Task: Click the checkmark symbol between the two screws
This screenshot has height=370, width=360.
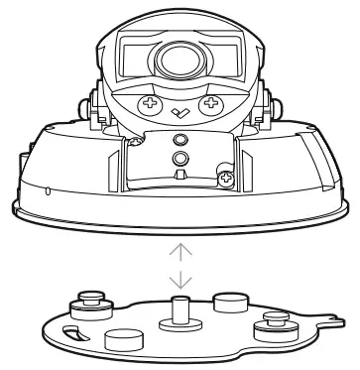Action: coord(180,112)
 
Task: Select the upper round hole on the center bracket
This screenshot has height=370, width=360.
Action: coord(180,138)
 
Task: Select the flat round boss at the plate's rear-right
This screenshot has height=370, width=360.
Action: coord(230,300)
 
